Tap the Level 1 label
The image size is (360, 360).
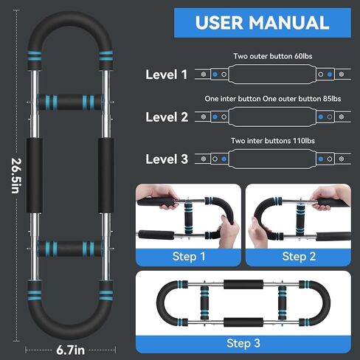coord(166,75)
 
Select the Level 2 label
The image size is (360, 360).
coord(166,117)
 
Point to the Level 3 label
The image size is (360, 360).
coord(166,158)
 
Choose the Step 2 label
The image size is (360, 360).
coord(298,256)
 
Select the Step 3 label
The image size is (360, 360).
coord(243,343)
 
